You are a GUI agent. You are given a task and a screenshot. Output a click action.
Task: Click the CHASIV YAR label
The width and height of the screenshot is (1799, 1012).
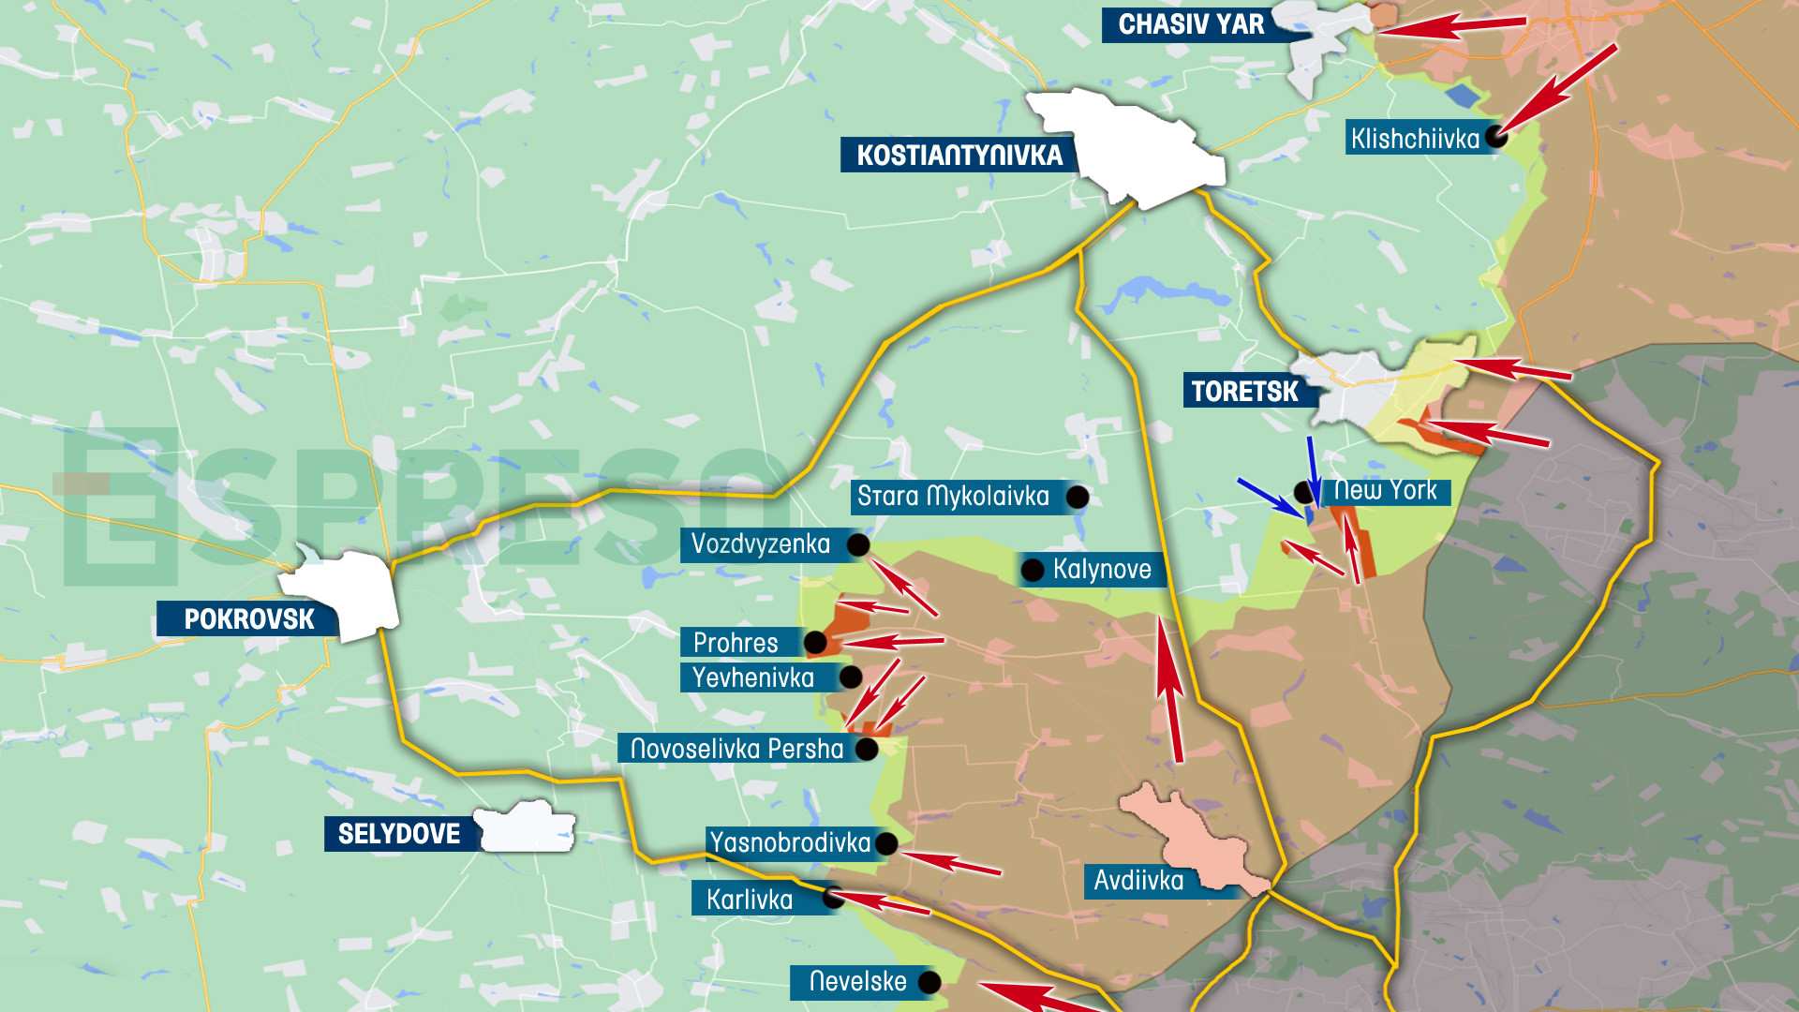[x=1191, y=24]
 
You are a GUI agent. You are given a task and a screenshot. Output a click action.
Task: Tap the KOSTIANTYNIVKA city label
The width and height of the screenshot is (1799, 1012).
[x=959, y=155]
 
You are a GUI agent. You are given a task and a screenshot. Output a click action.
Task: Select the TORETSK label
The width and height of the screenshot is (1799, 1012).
[x=1244, y=391]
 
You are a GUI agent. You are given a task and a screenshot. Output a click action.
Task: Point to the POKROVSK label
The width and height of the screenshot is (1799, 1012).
[x=248, y=619]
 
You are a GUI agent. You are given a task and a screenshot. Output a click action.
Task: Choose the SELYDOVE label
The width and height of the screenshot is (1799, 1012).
[x=398, y=834]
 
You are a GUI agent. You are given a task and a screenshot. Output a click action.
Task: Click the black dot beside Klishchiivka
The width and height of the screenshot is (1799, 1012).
[x=1496, y=137]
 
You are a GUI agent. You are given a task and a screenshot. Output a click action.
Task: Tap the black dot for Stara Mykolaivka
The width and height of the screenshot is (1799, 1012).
[x=1078, y=497]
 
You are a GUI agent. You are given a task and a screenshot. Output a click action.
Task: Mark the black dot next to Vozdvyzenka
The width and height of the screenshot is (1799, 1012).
[x=857, y=544]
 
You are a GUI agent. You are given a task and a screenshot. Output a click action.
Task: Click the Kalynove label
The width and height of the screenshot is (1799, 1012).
[x=1101, y=569]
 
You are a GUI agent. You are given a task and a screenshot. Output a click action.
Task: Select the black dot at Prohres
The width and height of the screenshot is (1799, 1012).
[x=815, y=643]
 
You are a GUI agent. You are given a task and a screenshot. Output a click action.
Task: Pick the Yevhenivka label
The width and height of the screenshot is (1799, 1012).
[x=752, y=677]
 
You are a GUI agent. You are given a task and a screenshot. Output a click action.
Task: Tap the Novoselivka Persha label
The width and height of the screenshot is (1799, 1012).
[x=736, y=749]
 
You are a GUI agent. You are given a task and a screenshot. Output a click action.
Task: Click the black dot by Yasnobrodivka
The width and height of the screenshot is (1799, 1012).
[x=885, y=843]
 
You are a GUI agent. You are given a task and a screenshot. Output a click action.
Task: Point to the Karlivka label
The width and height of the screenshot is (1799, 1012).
[x=749, y=900]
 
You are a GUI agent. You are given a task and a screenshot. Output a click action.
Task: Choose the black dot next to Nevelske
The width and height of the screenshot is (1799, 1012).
[x=929, y=982]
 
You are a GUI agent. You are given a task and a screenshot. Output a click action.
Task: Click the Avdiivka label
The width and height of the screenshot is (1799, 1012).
[x=1138, y=881]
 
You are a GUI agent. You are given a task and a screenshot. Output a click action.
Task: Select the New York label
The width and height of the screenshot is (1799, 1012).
[x=1385, y=490]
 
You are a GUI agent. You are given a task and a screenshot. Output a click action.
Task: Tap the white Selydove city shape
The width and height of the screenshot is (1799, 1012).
[x=527, y=827]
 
